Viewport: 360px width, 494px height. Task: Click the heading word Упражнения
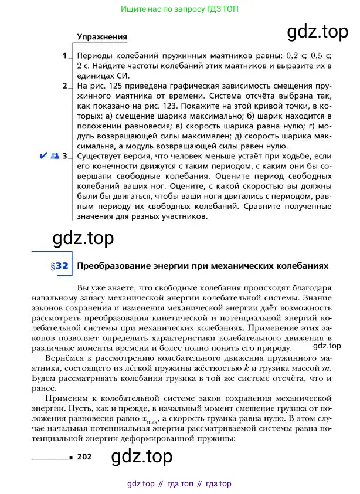click(102, 37)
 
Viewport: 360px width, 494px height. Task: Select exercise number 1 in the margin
click(65, 56)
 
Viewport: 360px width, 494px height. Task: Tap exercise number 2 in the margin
click(65, 86)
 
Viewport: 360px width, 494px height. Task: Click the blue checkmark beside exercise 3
click(43, 156)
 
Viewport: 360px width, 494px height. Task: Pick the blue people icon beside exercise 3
click(55, 156)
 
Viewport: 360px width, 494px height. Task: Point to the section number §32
click(60, 266)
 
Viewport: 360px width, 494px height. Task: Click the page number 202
click(85, 456)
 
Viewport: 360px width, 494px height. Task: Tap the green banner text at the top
click(179, 9)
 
